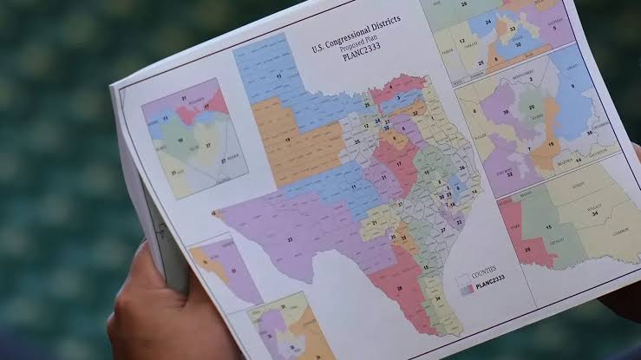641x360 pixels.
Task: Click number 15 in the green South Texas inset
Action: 548,227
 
